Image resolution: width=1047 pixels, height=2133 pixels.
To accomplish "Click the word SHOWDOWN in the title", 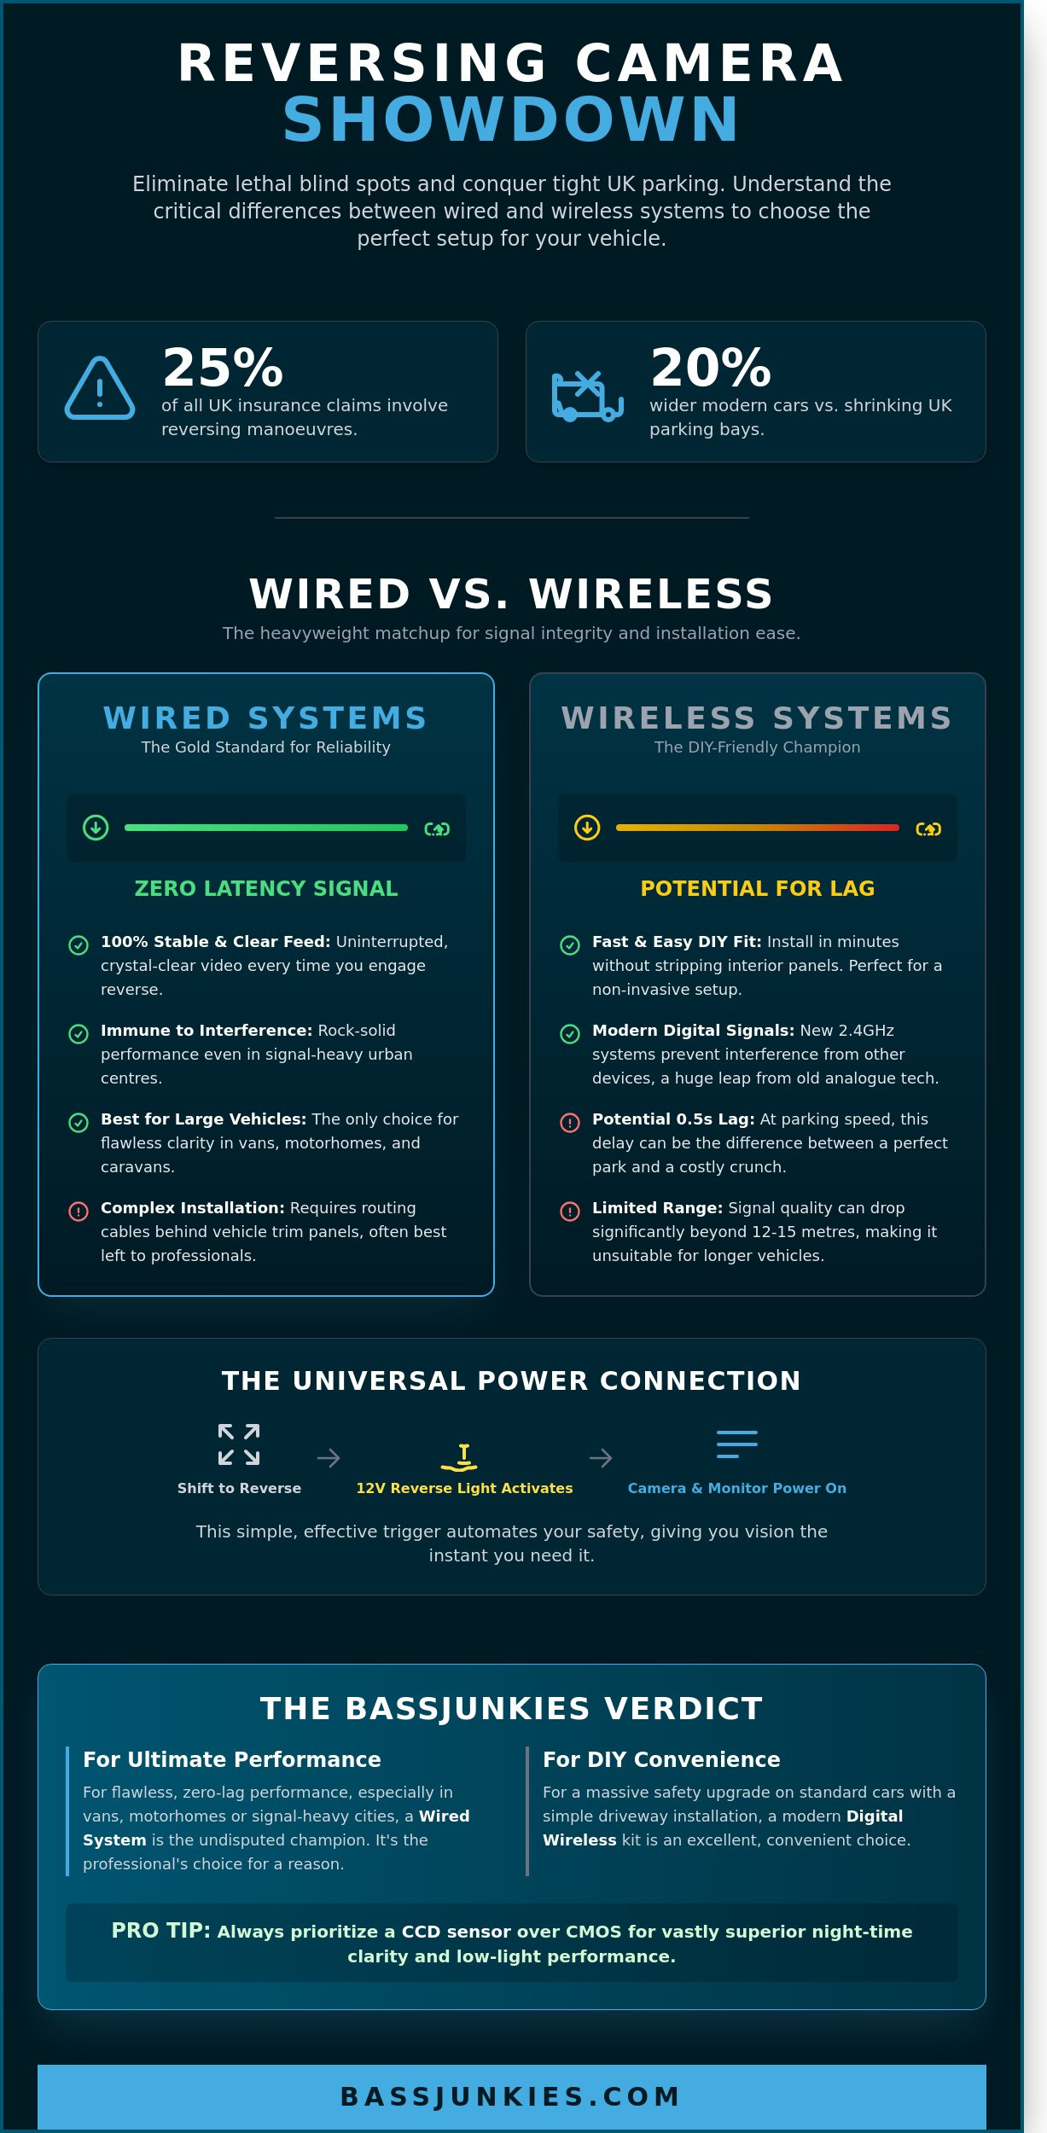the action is click(511, 119).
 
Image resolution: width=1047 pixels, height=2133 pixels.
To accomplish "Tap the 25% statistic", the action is click(223, 367).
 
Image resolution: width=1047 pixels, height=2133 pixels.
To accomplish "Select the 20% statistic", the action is click(711, 367).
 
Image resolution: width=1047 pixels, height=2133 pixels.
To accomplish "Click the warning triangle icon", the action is click(100, 389).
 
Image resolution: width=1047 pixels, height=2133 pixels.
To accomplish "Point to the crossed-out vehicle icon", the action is click(588, 396).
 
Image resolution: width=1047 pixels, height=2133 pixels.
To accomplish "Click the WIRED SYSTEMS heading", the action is click(265, 718).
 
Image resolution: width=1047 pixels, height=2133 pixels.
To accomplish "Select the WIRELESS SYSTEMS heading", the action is click(757, 718).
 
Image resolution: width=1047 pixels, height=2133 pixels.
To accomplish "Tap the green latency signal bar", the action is click(266, 828).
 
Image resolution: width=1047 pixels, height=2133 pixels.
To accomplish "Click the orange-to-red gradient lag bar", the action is click(758, 828).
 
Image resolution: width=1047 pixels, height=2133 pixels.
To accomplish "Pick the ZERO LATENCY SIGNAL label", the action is click(266, 888).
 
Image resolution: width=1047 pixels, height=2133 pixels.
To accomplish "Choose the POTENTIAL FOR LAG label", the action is click(758, 888).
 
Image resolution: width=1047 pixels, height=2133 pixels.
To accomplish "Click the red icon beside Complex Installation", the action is click(79, 1212).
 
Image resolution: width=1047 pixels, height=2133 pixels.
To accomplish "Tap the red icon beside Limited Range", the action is click(570, 1212).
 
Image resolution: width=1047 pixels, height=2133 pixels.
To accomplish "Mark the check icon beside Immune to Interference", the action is click(79, 1034).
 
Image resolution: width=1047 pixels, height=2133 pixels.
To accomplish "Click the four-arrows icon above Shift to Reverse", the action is click(239, 1444).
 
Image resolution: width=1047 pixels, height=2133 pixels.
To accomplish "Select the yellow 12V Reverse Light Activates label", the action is click(464, 1488).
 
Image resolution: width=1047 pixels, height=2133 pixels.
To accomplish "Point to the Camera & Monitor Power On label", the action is click(737, 1488).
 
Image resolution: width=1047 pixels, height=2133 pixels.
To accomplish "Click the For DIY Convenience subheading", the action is click(661, 1759).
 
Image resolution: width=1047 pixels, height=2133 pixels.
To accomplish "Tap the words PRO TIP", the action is click(161, 1930).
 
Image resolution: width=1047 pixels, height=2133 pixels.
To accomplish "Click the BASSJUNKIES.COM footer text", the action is click(511, 2096).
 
